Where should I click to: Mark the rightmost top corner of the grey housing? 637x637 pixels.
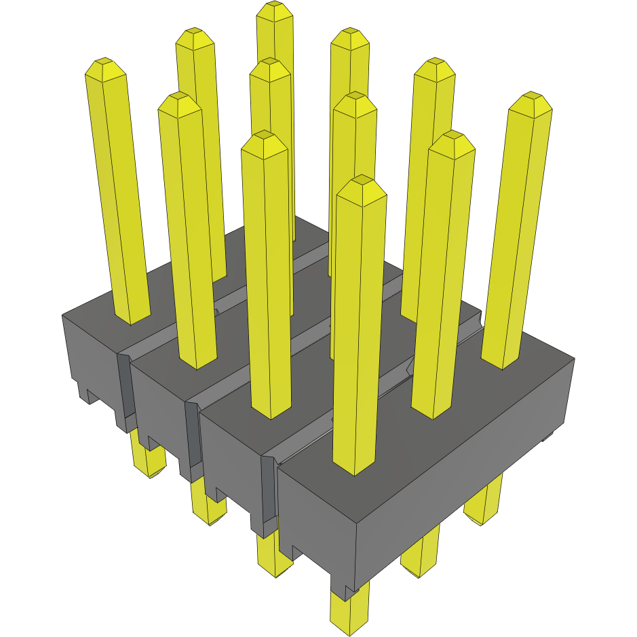(574, 359)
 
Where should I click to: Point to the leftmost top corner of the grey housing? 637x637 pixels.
(62, 315)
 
